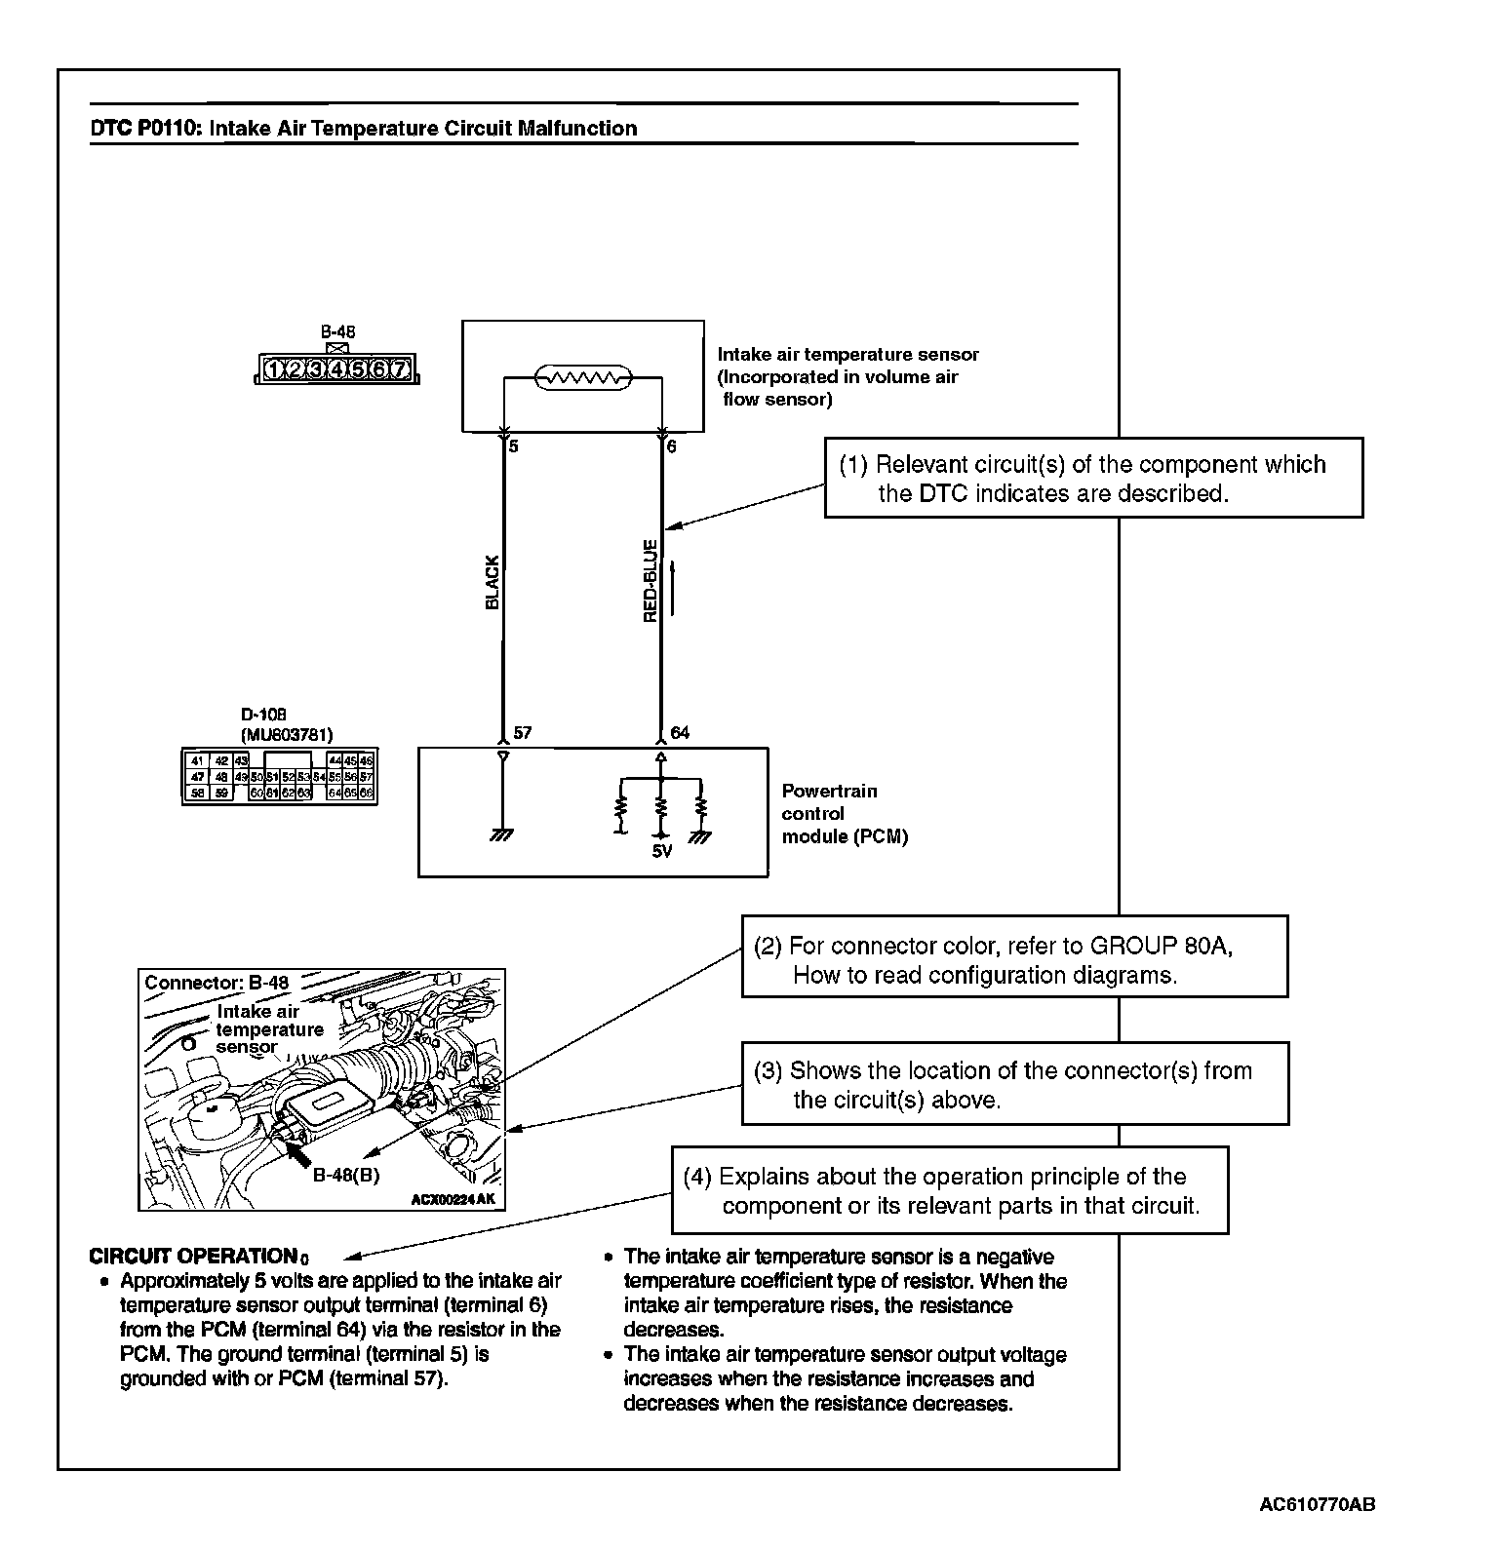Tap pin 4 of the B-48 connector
point(336,369)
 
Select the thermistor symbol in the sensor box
point(583,378)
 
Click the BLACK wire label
point(492,583)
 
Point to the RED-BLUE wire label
point(650,581)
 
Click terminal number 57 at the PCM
point(522,732)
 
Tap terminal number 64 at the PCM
point(680,732)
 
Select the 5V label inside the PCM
point(661,851)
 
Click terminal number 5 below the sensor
point(514,446)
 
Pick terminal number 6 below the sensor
point(671,446)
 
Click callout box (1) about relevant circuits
point(1092,478)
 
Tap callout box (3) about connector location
point(1014,1084)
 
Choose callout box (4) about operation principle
point(949,1190)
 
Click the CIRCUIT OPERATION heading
point(193,1257)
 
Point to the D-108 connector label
point(263,715)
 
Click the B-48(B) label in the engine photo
point(345,1175)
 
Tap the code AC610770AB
point(1318,1504)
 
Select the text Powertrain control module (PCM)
point(844,813)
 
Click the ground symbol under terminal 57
point(503,835)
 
